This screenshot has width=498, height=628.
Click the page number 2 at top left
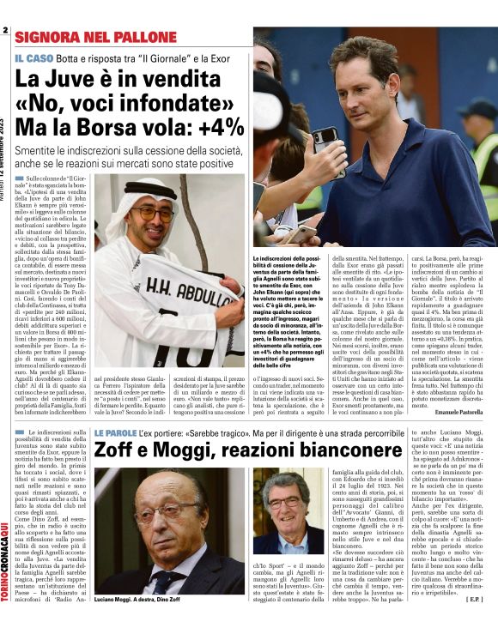(4, 31)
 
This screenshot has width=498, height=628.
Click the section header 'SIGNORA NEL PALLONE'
(82, 37)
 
